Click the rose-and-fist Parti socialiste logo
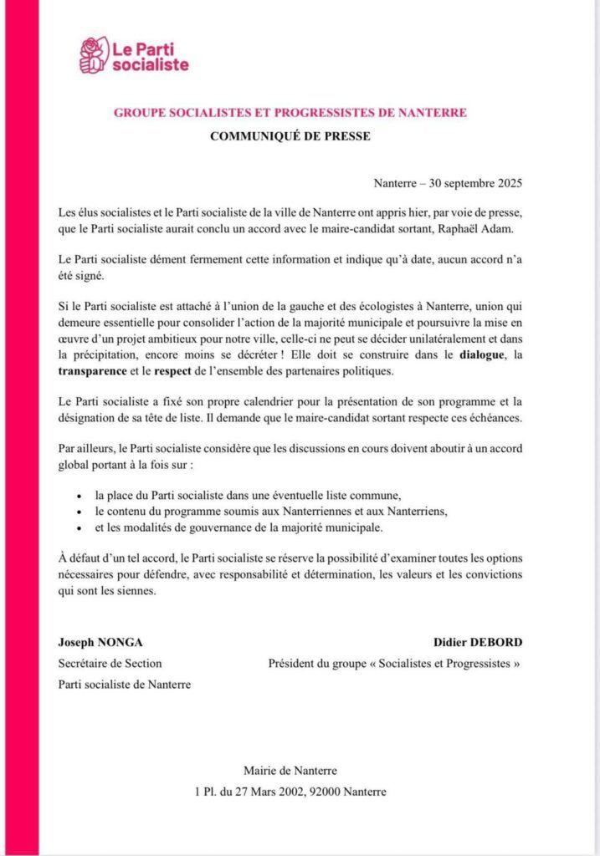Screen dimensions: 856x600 [93, 54]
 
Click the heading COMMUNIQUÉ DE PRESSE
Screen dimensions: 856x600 [290, 136]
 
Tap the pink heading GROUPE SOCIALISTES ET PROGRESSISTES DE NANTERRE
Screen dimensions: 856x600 [290, 111]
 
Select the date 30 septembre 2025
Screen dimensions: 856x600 [480, 182]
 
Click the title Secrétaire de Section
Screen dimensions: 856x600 [110, 664]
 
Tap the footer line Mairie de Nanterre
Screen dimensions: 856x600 [290, 771]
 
